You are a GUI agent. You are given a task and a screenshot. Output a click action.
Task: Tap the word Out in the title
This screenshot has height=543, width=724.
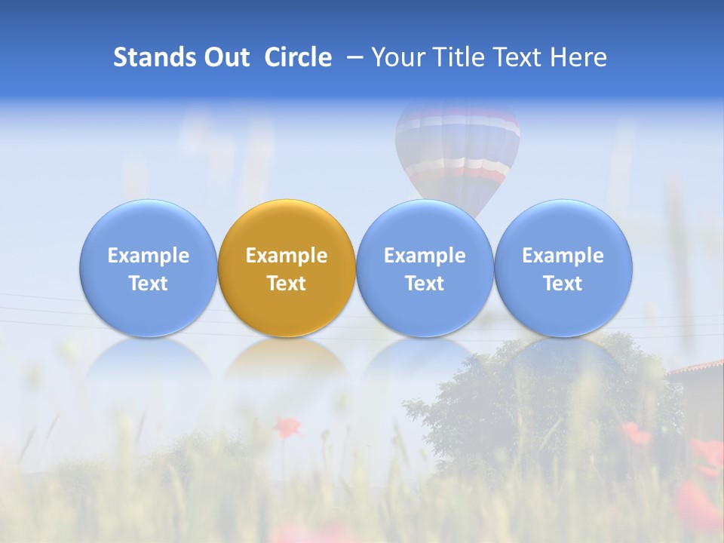click(225, 57)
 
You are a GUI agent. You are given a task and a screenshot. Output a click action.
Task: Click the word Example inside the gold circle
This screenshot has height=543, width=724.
click(287, 256)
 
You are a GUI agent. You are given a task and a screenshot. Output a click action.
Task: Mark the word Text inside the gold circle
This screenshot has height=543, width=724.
click(287, 284)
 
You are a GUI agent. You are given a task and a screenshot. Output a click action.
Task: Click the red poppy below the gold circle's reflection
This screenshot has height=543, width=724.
click(286, 427)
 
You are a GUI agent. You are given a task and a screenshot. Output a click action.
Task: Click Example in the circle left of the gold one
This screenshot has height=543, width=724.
click(149, 256)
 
